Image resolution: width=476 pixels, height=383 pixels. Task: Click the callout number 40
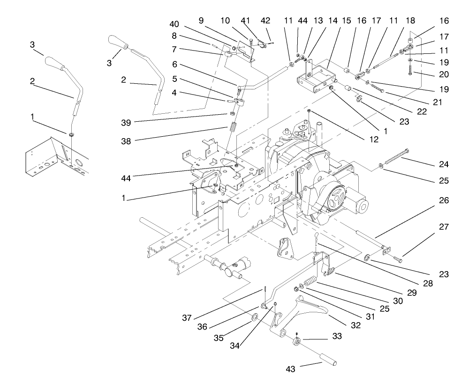click(x=174, y=24)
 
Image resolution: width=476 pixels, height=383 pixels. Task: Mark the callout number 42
click(x=266, y=21)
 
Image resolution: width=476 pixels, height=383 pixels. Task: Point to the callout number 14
click(x=320, y=21)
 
